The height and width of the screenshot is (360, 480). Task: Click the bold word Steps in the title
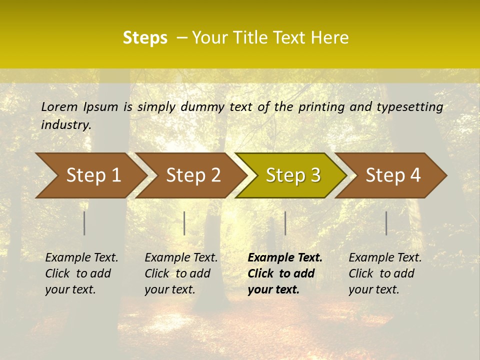(145, 38)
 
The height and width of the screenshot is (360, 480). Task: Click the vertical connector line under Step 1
(84, 223)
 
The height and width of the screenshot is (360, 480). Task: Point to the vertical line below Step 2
(184, 223)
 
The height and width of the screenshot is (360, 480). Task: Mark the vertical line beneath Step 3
(285, 223)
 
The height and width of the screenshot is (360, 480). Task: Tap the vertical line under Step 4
(386, 223)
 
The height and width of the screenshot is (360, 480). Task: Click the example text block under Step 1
(81, 273)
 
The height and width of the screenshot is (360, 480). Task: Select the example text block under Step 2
(181, 273)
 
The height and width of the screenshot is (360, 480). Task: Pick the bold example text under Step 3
(284, 273)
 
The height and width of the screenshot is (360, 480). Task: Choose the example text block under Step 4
(385, 273)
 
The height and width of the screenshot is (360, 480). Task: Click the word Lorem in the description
(59, 106)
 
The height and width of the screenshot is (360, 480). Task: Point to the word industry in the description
(66, 125)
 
